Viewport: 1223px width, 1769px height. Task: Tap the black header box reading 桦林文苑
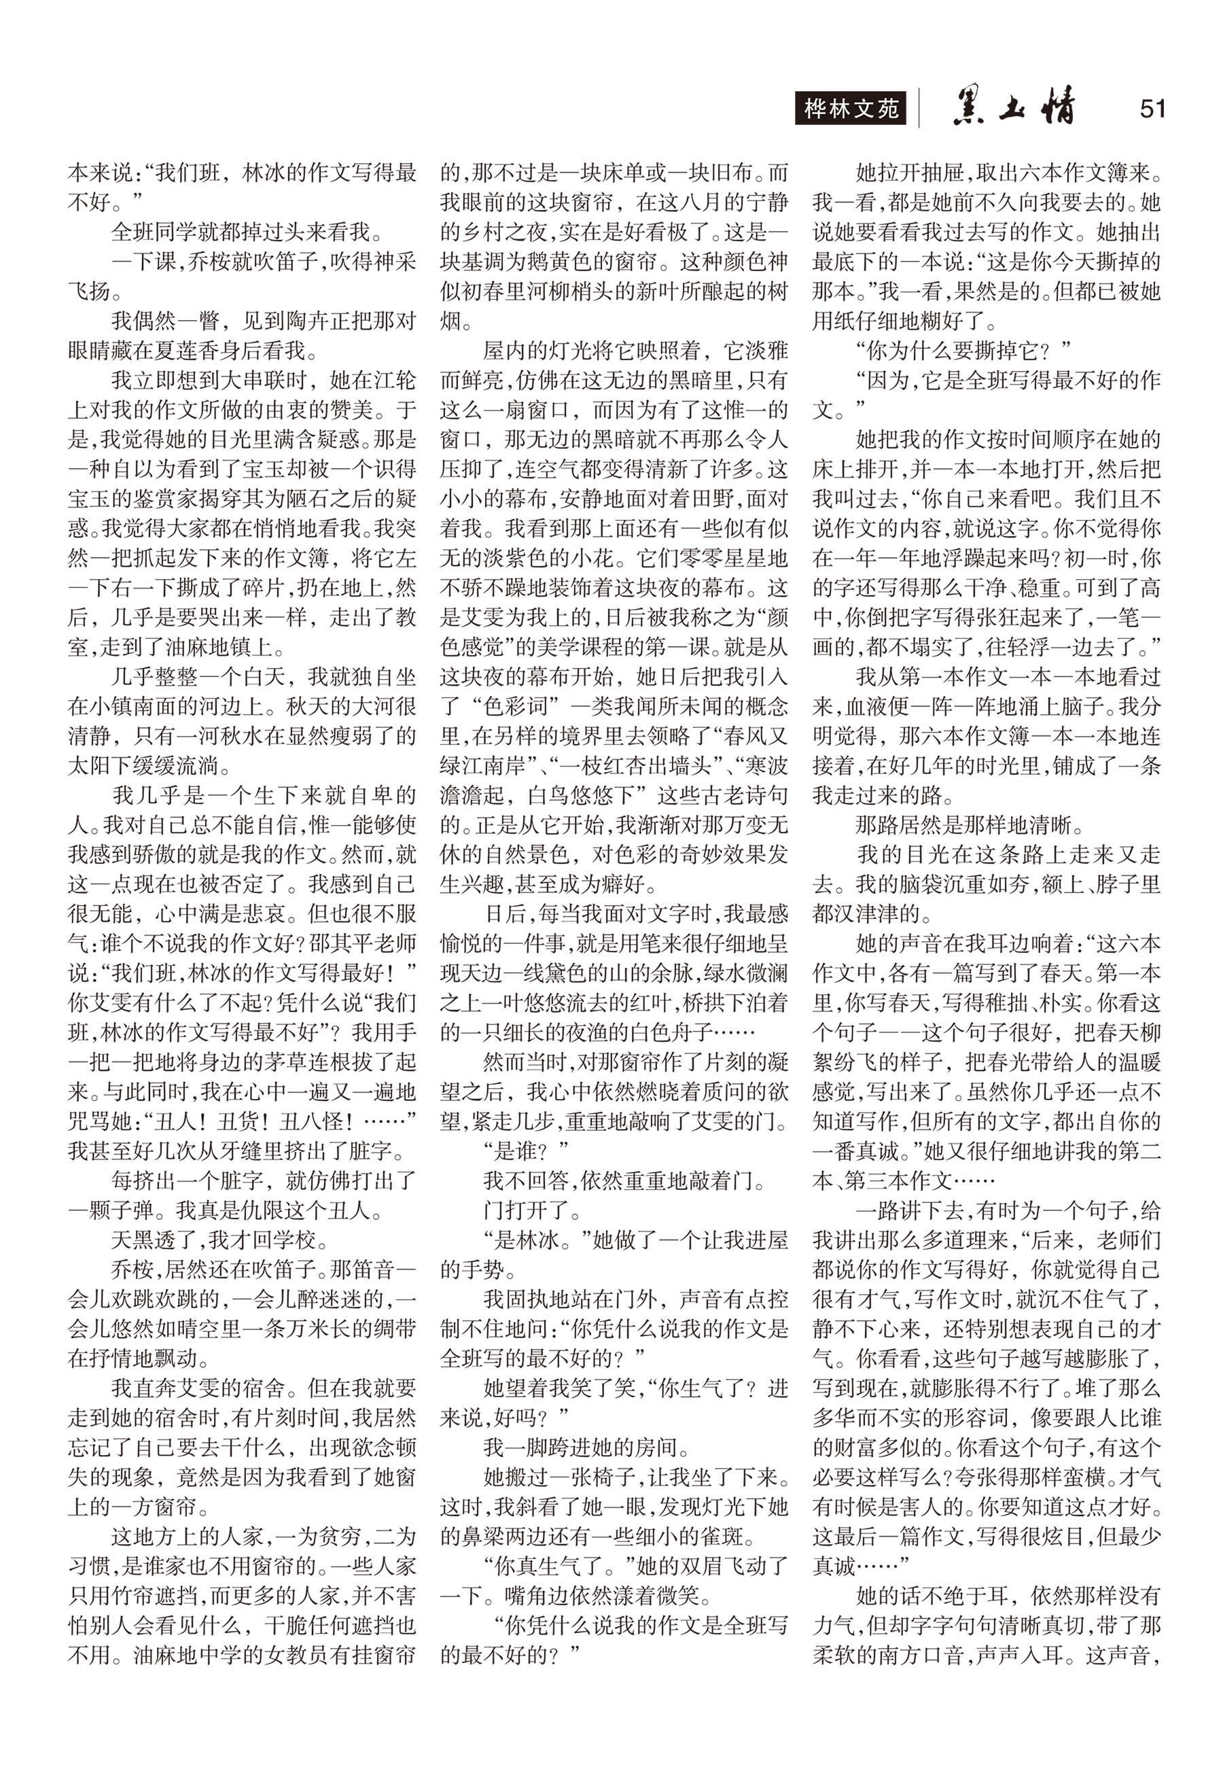[851, 109]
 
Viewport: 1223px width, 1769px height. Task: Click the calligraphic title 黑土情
[1014, 108]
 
